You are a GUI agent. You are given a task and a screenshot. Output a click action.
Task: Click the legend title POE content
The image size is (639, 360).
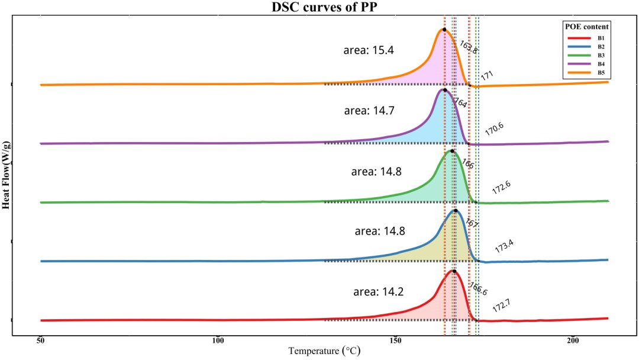pos(586,27)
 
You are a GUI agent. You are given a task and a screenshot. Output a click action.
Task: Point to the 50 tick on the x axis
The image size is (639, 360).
pos(40,341)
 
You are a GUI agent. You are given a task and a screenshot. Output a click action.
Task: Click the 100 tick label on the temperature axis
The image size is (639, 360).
pos(218,341)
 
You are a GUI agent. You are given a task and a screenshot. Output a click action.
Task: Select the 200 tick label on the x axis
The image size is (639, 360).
pos(572,341)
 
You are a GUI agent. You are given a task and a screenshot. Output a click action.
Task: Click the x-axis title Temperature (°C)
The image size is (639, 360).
pos(324,351)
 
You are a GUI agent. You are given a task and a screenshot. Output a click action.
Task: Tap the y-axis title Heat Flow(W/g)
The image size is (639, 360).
pos(7,175)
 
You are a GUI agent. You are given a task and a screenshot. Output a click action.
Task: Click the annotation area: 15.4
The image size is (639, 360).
pos(369,50)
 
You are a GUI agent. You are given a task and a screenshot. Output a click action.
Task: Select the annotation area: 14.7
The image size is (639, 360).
pos(369,111)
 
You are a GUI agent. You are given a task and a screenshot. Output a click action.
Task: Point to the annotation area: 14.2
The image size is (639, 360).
pos(378,292)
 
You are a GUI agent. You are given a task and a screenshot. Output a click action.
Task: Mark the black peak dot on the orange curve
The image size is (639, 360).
pos(444,29)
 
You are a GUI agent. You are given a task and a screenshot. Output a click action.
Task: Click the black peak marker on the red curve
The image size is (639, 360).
pos(454,271)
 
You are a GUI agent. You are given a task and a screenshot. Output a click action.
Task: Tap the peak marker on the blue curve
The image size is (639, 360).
pos(455,210)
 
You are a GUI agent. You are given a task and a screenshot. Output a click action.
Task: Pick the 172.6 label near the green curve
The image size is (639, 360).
pos(501,188)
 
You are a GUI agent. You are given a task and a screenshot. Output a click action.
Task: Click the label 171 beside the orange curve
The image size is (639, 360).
pos(487,76)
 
